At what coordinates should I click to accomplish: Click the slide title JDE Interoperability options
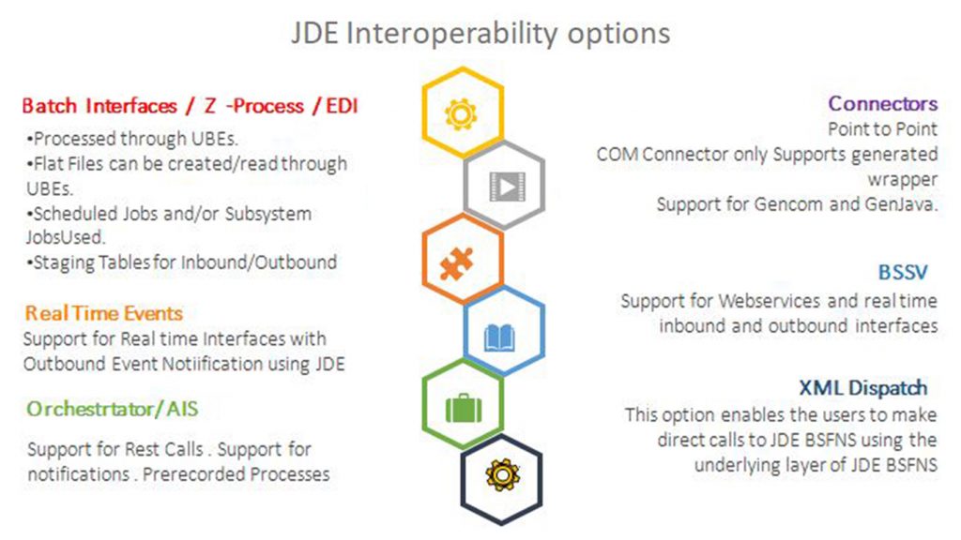480,34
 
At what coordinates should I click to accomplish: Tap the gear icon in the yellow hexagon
461,113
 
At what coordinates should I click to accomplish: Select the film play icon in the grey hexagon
508,187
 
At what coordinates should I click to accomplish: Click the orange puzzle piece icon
457,263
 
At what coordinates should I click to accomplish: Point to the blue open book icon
499,337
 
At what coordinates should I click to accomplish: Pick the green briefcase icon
464,409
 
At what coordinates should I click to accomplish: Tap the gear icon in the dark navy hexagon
503,474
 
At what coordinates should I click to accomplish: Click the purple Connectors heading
882,103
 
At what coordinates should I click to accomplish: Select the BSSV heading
903,272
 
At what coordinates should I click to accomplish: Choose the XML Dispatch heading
863,387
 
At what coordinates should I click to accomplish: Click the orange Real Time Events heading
103,313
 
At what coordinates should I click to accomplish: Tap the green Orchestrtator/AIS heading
113,409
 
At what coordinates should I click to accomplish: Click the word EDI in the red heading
342,106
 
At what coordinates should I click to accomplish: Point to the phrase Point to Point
882,129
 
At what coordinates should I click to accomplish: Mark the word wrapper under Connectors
902,180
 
